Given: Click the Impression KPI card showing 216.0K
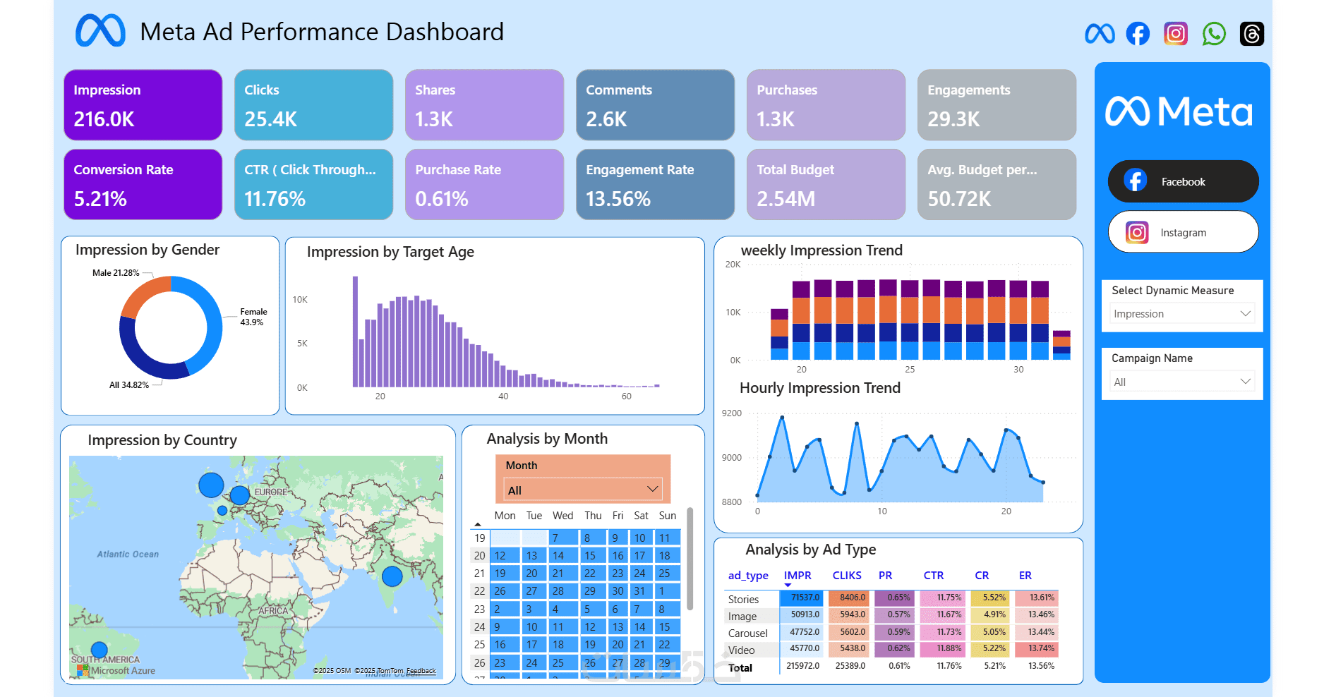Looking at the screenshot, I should pyautogui.click(x=143, y=104).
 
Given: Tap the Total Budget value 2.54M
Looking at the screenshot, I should pyautogui.click(x=786, y=199).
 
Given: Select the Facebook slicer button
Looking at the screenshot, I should pyautogui.click(x=1183, y=181).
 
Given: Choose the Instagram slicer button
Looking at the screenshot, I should pyautogui.click(x=1183, y=232).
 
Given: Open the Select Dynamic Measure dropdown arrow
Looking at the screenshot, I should pyautogui.click(x=1245, y=313).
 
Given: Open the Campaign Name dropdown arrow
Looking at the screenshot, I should pyautogui.click(x=1245, y=382).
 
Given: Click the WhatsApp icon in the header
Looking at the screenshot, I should pyautogui.click(x=1214, y=33).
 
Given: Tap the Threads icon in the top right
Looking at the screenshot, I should pyautogui.click(x=1251, y=33).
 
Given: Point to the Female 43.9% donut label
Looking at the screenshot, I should pyautogui.click(x=253, y=317).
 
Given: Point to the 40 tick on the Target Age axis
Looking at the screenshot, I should pyautogui.click(x=503, y=396).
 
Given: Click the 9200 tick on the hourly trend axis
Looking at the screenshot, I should pyautogui.click(x=731, y=413).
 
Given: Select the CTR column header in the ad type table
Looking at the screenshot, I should pyautogui.click(x=933, y=576).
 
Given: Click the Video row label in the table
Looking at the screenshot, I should pyautogui.click(x=741, y=650).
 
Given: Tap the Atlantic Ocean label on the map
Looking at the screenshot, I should pyautogui.click(x=128, y=554).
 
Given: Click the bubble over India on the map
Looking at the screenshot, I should pyautogui.click(x=392, y=576).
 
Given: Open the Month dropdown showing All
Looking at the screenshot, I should pyautogui.click(x=582, y=490).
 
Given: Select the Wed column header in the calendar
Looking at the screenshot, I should pyautogui.click(x=562, y=516).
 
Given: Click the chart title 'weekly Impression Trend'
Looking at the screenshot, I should pyautogui.click(x=822, y=250).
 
